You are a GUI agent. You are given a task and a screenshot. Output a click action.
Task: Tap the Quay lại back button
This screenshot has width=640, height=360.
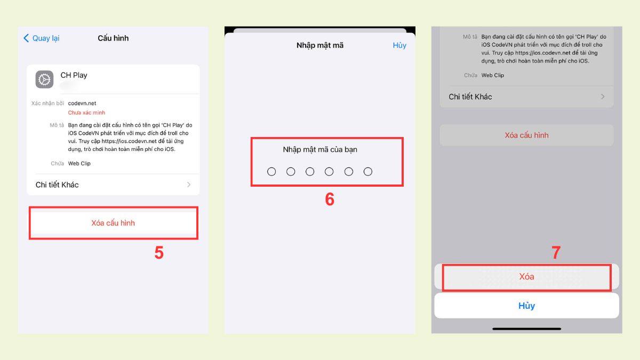42,38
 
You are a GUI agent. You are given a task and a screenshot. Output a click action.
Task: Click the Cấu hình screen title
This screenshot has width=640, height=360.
113,38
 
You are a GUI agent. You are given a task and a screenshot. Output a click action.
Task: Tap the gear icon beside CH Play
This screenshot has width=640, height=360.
44,79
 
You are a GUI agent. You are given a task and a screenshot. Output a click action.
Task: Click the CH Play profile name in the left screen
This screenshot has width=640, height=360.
74,75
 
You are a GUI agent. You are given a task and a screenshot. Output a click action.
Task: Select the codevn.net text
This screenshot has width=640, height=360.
82,103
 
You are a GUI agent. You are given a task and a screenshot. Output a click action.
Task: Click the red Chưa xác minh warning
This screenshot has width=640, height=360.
86,113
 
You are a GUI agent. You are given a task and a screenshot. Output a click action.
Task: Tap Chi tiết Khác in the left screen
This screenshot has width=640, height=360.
57,185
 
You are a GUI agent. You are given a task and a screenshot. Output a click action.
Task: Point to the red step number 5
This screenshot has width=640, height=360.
159,253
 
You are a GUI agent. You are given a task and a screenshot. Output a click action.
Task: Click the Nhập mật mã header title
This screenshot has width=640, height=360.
320,45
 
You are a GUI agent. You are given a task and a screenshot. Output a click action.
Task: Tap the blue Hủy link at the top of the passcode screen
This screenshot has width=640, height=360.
399,45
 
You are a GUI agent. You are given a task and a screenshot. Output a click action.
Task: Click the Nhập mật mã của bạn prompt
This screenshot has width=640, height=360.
320,149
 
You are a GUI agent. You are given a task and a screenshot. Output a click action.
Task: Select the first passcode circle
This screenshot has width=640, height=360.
271,171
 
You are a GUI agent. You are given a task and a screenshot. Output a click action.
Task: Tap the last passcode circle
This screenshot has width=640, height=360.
367,171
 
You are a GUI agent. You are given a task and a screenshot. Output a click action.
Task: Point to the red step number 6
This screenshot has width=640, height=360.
330,199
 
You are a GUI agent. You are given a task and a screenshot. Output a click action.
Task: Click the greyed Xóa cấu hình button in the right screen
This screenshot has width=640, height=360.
526,135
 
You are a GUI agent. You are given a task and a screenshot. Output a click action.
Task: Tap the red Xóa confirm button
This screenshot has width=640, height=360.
526,277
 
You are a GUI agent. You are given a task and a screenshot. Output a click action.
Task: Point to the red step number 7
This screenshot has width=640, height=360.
556,253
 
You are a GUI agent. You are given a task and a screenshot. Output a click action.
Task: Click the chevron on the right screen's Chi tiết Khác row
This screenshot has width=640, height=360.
603,97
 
